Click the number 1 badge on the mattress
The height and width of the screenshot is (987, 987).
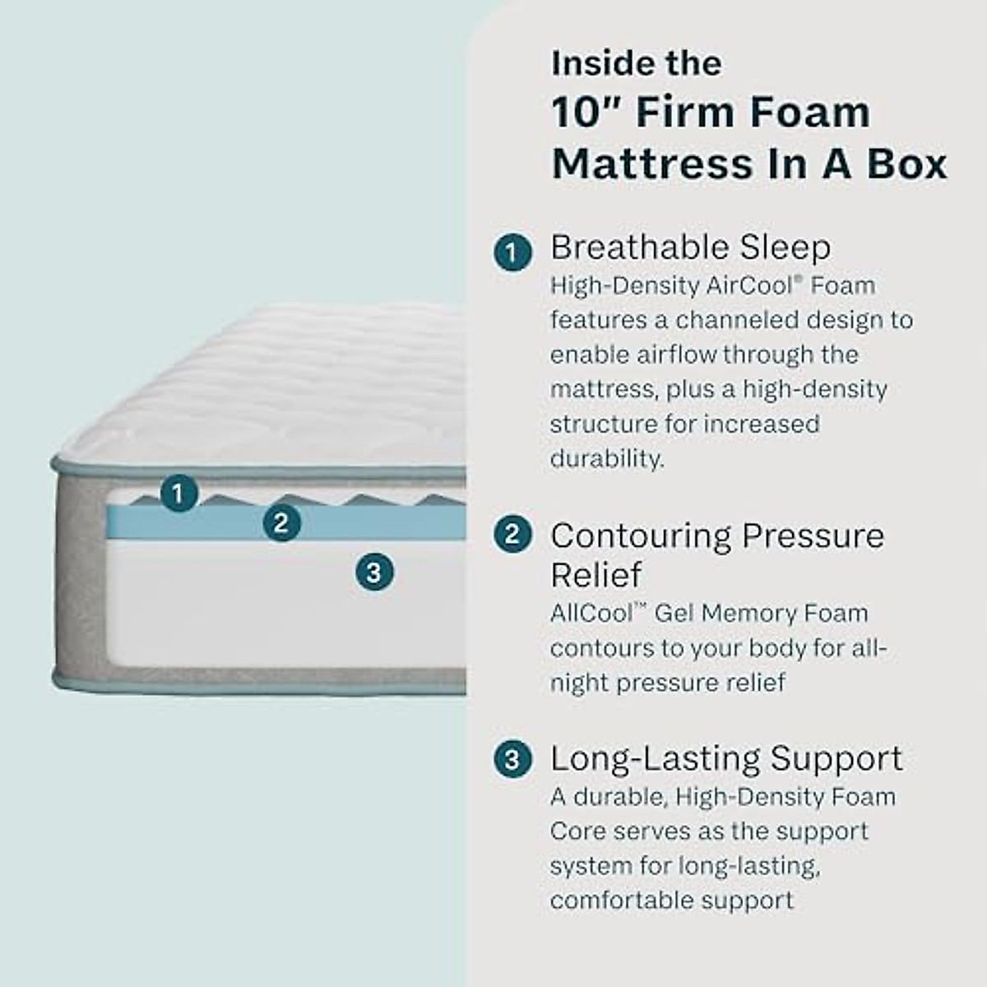(178, 493)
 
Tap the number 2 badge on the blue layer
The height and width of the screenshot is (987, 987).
(282, 523)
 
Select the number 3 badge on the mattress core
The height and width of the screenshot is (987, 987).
(374, 572)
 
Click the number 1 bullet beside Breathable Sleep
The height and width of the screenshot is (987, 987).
(512, 252)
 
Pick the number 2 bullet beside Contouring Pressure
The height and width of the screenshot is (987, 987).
(512, 535)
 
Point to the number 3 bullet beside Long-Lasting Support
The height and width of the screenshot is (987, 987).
(512, 758)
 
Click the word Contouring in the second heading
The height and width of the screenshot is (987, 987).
(640, 536)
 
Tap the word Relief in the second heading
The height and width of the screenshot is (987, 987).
(595, 574)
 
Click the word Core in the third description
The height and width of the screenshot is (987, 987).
(577, 831)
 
